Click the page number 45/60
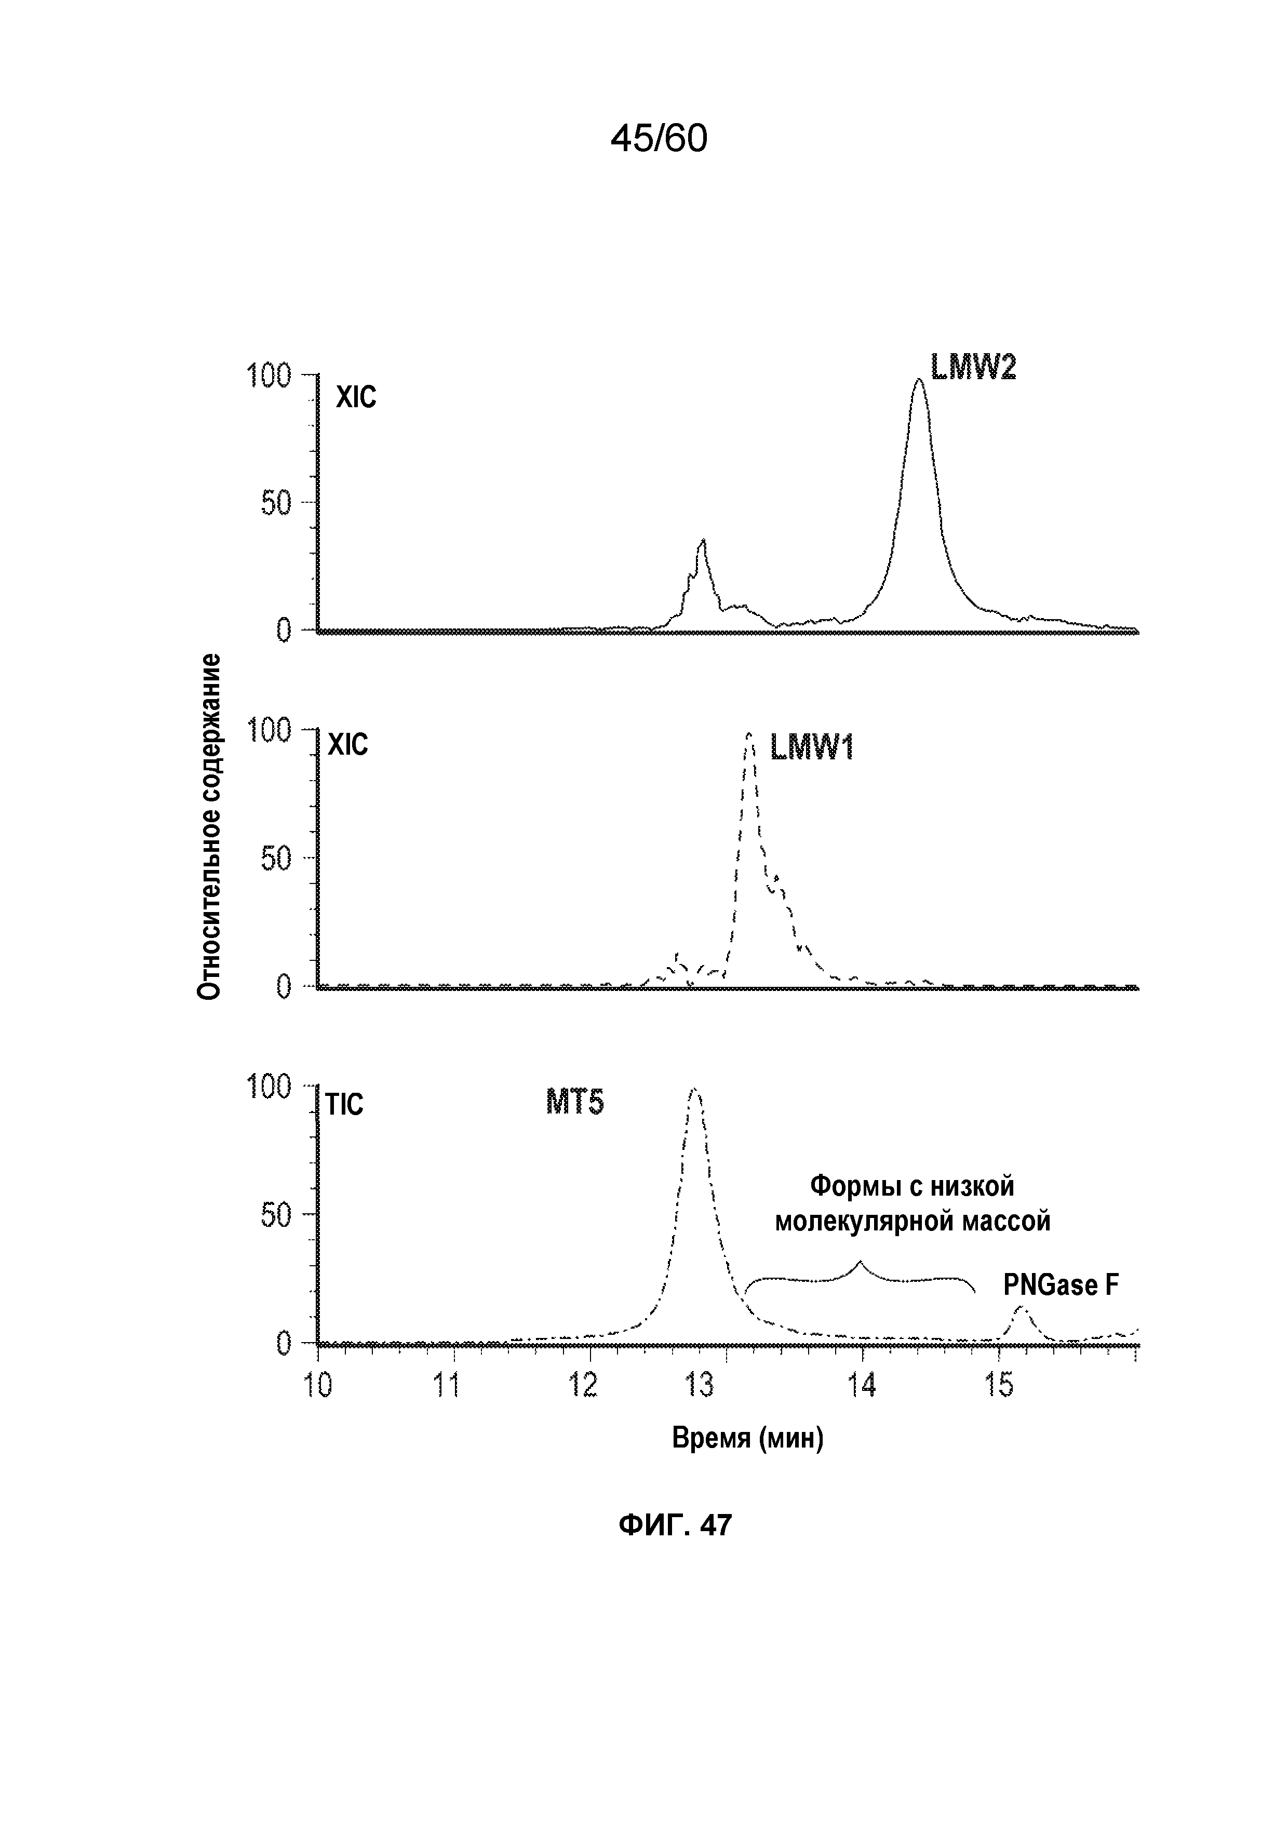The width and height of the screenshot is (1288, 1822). (658, 139)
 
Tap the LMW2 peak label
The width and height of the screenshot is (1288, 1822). (973, 367)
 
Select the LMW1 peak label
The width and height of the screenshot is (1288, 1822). (811, 747)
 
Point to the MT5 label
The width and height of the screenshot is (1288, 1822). (574, 1102)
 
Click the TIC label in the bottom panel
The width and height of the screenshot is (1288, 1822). (344, 1105)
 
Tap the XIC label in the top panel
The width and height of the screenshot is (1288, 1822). (356, 397)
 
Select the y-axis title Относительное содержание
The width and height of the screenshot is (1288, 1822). (209, 827)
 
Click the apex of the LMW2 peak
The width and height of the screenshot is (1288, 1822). (918, 380)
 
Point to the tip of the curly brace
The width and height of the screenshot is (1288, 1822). (860, 1262)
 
